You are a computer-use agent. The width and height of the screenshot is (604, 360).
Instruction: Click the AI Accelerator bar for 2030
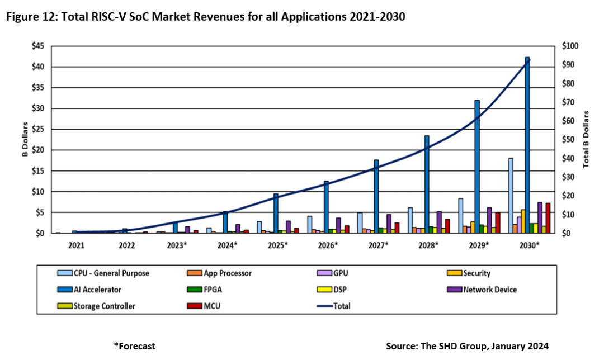[527, 145]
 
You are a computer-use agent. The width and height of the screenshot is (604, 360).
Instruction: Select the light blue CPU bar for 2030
[511, 196]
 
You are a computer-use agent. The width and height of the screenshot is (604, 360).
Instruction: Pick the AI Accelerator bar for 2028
[427, 184]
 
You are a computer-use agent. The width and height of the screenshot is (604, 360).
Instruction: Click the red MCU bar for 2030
[548, 218]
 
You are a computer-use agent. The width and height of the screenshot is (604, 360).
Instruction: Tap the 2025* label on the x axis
[277, 245]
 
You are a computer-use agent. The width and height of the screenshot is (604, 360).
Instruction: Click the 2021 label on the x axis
[77, 245]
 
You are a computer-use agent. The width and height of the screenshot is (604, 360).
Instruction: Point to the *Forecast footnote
[134, 346]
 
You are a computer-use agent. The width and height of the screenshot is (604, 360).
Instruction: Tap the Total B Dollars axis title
[586, 139]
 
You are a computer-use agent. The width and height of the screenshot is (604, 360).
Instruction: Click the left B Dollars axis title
[25, 139]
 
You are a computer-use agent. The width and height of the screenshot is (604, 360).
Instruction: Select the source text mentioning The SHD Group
[467, 346]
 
